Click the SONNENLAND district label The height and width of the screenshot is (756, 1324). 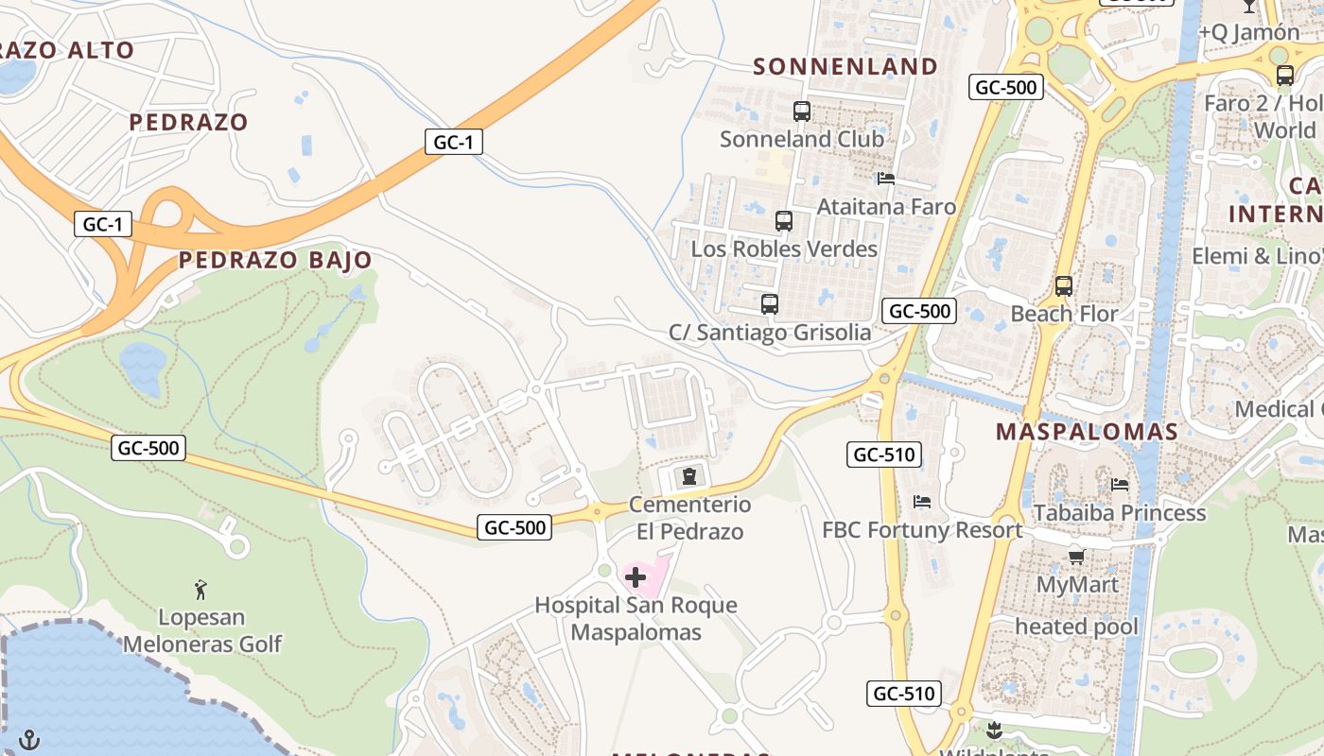pyautogui.click(x=845, y=66)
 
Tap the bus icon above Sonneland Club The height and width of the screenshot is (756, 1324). pyautogui.click(x=802, y=112)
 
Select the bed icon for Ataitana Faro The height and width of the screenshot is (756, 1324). pyautogui.click(x=886, y=178)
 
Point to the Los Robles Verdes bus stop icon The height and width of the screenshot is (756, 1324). pyautogui.click(x=784, y=221)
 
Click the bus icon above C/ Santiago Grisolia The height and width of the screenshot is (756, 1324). pyautogui.click(x=770, y=304)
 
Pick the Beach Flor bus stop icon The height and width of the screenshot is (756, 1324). pyautogui.click(x=1064, y=285)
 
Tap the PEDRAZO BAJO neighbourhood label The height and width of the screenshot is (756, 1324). pyautogui.click(x=275, y=260)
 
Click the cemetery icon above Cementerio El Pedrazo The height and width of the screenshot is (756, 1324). pyautogui.click(x=689, y=475)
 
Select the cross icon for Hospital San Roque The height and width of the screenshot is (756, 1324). pyautogui.click(x=636, y=576)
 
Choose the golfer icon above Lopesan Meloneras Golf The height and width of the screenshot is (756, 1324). pyautogui.click(x=200, y=591)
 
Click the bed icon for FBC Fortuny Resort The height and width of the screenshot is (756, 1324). pyautogui.click(x=922, y=502)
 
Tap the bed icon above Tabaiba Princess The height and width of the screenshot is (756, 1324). pyautogui.click(x=1120, y=485)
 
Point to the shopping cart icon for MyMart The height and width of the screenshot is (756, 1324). pyautogui.click(x=1076, y=557)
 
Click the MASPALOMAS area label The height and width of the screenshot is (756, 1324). pyautogui.click(x=1087, y=432)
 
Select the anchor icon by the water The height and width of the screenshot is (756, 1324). pyautogui.click(x=29, y=738)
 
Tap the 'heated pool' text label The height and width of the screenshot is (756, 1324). pyautogui.click(x=1076, y=627)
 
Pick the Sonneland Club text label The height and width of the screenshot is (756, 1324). pyautogui.click(x=802, y=139)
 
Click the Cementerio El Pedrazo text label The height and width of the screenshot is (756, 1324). pyautogui.click(x=689, y=518)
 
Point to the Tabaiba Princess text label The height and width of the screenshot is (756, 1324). pyautogui.click(x=1120, y=513)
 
